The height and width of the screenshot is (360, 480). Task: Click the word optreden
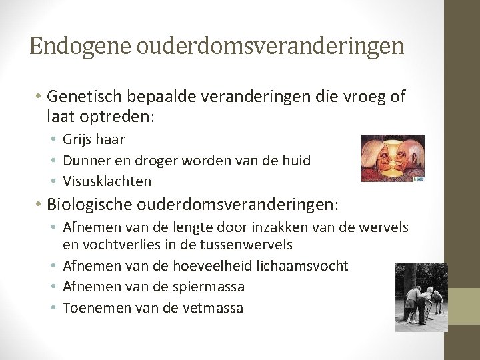(x=117, y=117)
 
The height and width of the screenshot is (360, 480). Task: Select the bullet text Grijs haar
(x=94, y=139)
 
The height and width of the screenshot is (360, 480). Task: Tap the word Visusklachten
(x=107, y=181)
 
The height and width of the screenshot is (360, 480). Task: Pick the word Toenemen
(x=93, y=307)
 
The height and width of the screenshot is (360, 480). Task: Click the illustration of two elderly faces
(x=392, y=158)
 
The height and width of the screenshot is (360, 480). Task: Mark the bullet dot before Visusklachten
(x=56, y=181)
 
